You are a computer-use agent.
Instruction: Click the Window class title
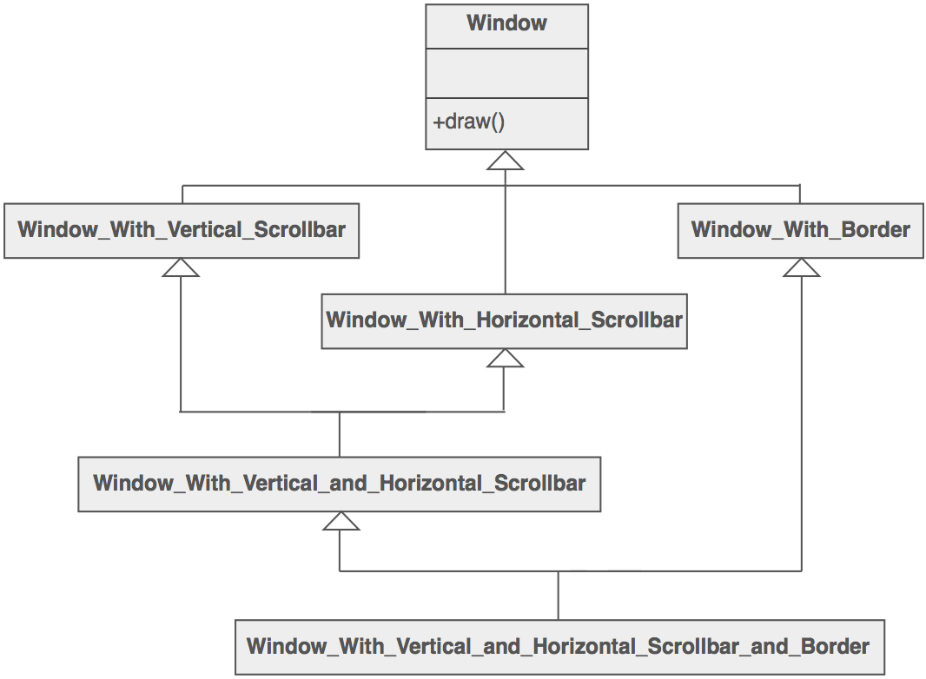506,23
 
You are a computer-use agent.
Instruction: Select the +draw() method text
469,122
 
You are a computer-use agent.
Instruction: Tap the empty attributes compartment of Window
506,74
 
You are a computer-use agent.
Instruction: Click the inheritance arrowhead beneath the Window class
506,161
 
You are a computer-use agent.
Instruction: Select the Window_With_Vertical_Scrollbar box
182,230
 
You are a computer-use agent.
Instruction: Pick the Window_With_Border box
800,230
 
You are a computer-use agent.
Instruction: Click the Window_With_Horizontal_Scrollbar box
504,320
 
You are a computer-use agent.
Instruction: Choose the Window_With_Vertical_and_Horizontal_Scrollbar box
339,484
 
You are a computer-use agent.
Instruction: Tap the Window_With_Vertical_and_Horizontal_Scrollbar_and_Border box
559,647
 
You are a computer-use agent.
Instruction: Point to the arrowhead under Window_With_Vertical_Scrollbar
181,268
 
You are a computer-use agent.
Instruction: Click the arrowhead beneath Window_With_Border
801,268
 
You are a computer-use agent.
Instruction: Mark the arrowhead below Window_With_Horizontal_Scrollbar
505,359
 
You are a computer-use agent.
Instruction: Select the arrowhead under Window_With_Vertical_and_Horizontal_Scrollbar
340,521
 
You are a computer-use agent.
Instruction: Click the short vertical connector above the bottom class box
558,595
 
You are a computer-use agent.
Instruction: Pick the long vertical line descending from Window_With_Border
801,425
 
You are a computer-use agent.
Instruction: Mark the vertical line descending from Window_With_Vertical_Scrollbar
181,347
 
